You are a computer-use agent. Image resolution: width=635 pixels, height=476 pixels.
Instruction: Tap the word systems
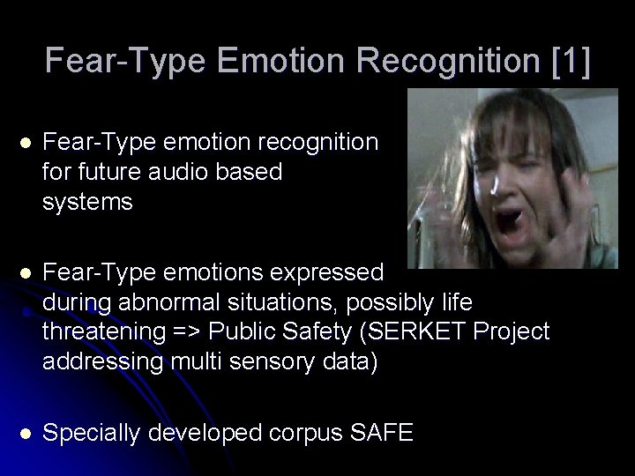click(x=87, y=202)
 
